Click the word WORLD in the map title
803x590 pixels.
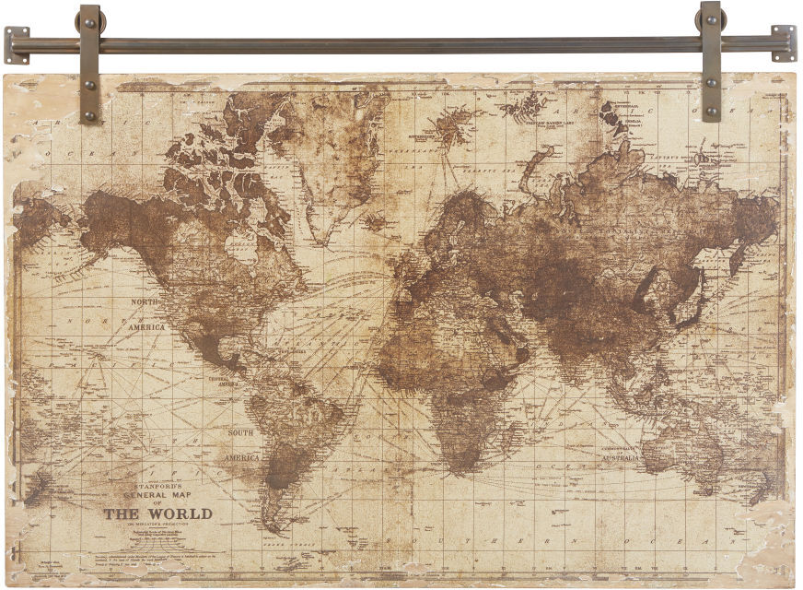pos(180,513)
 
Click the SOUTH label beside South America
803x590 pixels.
pos(241,432)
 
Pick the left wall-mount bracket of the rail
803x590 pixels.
pos(17,44)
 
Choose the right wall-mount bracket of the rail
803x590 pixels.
pos(783,43)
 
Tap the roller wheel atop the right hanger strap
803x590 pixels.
pos(710,18)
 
